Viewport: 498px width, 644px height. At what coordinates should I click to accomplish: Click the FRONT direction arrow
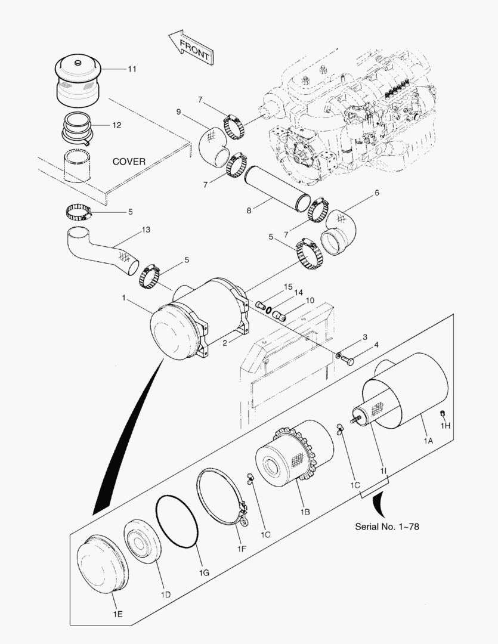190,48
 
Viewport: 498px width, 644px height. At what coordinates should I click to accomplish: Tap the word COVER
129,162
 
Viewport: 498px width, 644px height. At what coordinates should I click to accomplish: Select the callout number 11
131,69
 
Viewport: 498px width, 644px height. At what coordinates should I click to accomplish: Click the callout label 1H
445,426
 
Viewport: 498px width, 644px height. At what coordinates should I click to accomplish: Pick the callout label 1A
428,441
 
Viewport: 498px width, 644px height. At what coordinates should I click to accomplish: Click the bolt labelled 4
349,361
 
